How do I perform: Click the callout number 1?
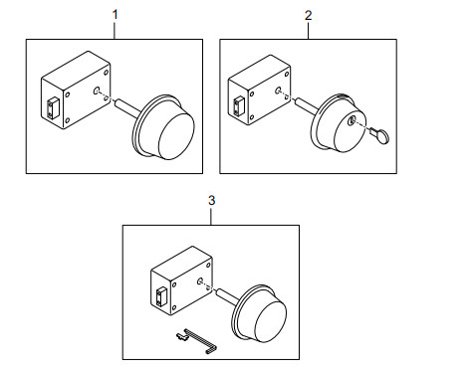click(x=116, y=15)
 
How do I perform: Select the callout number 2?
click(x=309, y=15)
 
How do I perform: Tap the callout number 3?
click(x=211, y=200)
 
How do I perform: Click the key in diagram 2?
click(x=380, y=135)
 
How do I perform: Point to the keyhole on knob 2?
click(x=351, y=121)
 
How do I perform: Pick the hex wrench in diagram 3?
click(x=201, y=341)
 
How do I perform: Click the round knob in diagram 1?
click(x=164, y=128)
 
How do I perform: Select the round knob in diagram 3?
click(x=259, y=313)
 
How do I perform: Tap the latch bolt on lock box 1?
click(x=53, y=107)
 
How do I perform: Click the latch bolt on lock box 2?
click(x=238, y=106)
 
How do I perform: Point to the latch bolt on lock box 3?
click(x=161, y=297)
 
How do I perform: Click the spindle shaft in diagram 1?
click(x=126, y=106)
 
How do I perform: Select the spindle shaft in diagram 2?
click(x=306, y=104)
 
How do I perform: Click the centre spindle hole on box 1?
click(x=97, y=91)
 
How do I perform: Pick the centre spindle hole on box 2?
click(x=278, y=90)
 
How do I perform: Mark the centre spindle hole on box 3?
click(x=200, y=281)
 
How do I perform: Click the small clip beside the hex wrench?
click(x=182, y=336)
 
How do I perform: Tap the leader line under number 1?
click(x=115, y=31)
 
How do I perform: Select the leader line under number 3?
click(x=211, y=217)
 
